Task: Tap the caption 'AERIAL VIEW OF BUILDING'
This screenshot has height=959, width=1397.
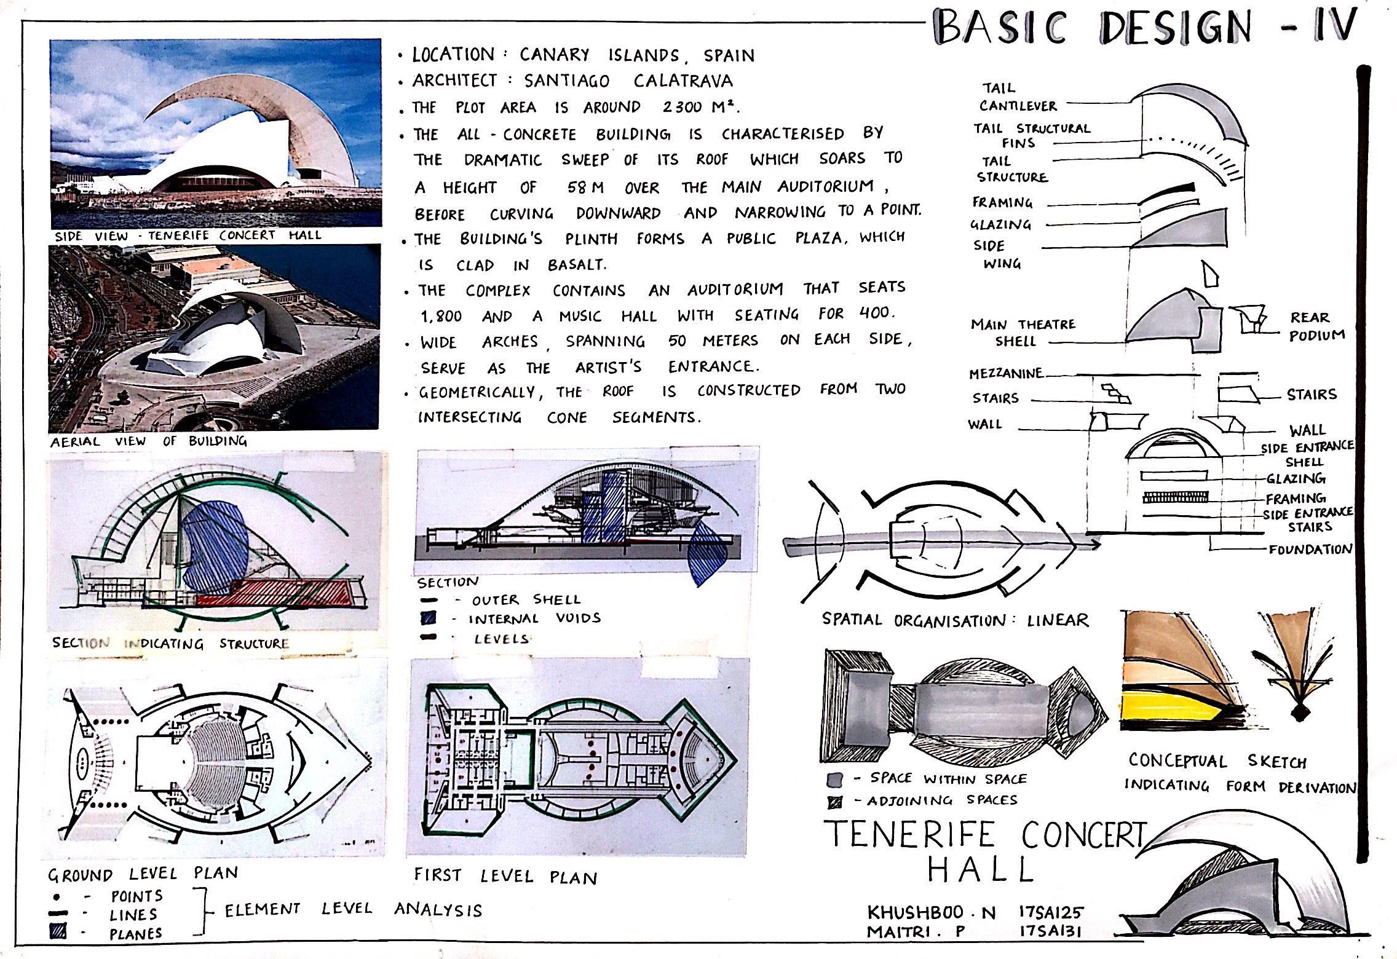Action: tap(148, 441)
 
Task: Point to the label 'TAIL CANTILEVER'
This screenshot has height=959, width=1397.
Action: tap(1017, 97)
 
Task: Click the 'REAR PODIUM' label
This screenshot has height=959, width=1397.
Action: tap(1316, 326)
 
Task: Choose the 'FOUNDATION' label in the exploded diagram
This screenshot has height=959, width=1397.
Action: tap(1310, 549)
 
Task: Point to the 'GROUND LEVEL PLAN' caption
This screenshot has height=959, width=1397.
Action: tap(143, 874)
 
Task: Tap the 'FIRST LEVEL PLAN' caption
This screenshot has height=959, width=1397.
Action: tap(505, 876)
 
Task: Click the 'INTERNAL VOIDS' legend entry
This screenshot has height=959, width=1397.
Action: tap(534, 618)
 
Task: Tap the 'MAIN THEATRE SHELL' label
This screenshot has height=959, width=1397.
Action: tap(1023, 332)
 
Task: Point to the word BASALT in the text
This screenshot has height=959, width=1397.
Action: tap(576, 265)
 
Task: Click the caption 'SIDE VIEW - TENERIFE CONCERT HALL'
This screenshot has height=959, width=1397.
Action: tap(188, 235)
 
